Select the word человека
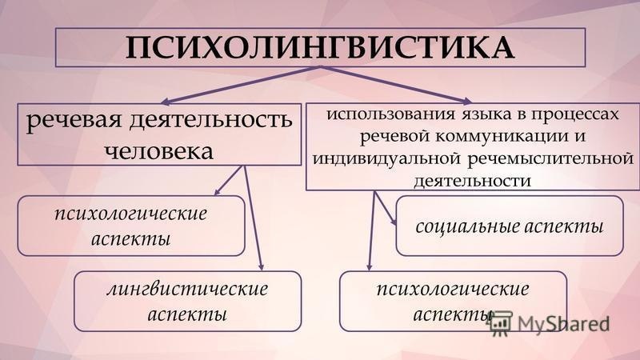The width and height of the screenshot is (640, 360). (x=158, y=151)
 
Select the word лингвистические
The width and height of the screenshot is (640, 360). (x=187, y=290)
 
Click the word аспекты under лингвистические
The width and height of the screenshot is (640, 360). (x=187, y=313)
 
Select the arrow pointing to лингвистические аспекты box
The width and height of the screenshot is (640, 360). (x=254, y=220)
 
